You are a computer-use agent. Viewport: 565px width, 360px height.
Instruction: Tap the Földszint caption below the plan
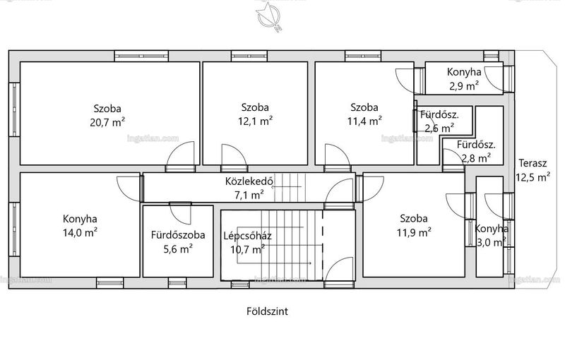click(x=268, y=311)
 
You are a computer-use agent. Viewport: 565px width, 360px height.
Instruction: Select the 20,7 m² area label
click(x=107, y=122)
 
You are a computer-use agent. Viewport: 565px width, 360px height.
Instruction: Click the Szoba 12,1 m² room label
click(x=255, y=114)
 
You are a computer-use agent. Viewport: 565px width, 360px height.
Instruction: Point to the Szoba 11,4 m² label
click(x=364, y=114)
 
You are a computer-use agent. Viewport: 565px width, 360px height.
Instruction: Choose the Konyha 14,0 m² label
click(x=80, y=225)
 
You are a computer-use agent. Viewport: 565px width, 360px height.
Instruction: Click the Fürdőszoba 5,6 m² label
click(x=178, y=241)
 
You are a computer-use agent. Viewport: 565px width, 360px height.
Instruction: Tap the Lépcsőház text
click(x=248, y=236)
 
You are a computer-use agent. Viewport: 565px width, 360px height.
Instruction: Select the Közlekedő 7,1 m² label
click(x=249, y=188)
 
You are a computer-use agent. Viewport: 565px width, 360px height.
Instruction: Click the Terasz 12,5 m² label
click(x=533, y=170)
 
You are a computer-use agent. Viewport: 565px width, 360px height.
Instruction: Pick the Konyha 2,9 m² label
click(x=464, y=79)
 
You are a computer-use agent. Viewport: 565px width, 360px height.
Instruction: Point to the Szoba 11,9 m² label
click(x=414, y=225)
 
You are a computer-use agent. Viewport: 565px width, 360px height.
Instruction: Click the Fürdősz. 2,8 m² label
click(x=476, y=151)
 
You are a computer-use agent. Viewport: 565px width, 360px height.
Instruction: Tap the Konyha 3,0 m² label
click(x=492, y=236)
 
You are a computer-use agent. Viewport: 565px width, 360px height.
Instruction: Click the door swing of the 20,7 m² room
click(x=180, y=154)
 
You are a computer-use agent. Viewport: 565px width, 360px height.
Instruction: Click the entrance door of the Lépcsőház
click(x=338, y=269)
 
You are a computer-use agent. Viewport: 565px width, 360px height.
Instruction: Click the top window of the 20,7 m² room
click(x=141, y=56)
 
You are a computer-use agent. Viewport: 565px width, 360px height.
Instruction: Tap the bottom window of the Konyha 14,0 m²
click(x=110, y=283)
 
